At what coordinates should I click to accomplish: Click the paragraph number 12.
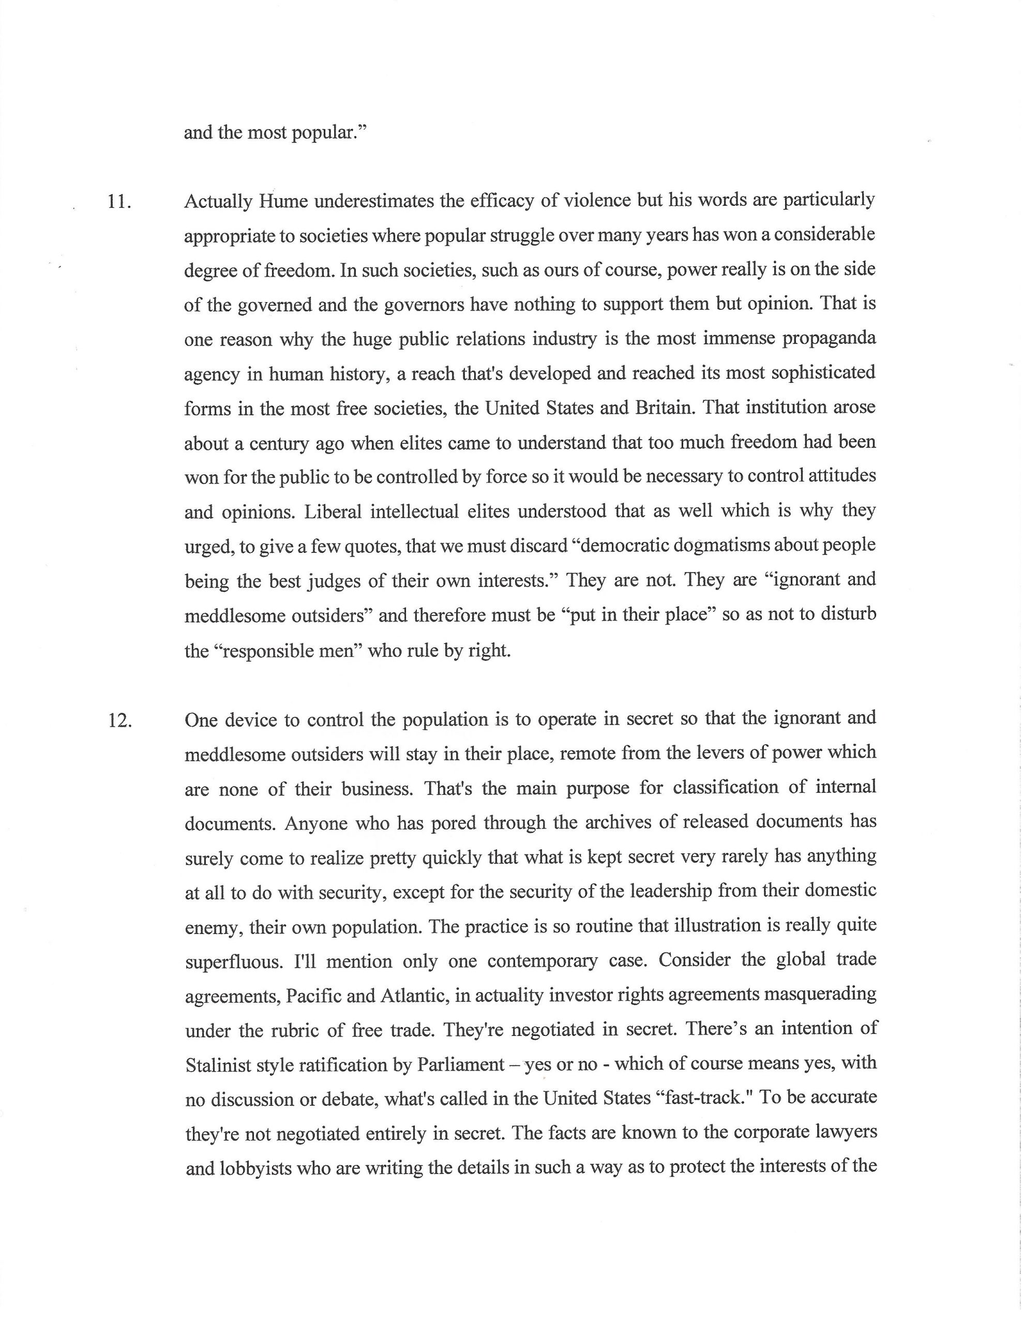pos(119,721)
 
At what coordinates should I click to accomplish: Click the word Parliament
pos(461,1064)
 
